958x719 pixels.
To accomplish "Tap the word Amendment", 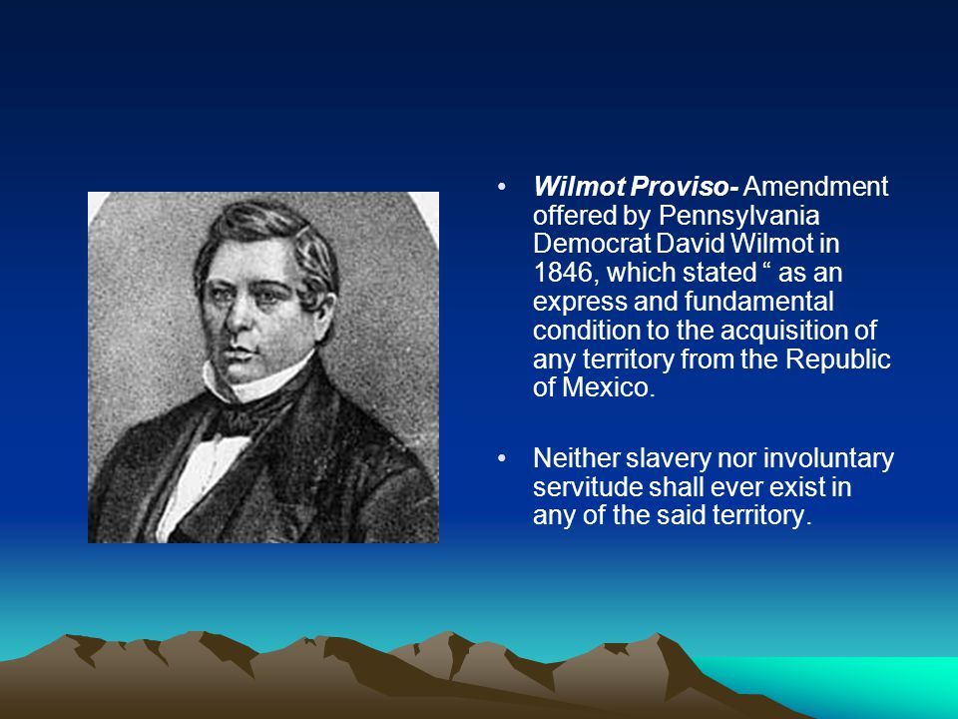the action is point(815,187).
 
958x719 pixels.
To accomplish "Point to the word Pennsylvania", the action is point(738,217).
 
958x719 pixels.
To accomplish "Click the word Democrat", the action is point(592,244).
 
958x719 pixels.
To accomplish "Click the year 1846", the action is point(562,273).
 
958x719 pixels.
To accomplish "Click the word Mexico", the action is point(609,387).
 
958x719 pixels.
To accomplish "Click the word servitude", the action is point(587,487).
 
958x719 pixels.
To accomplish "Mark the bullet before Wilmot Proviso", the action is point(502,186).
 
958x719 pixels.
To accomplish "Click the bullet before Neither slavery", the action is point(502,458).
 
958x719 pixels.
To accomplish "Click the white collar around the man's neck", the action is point(256,381).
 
